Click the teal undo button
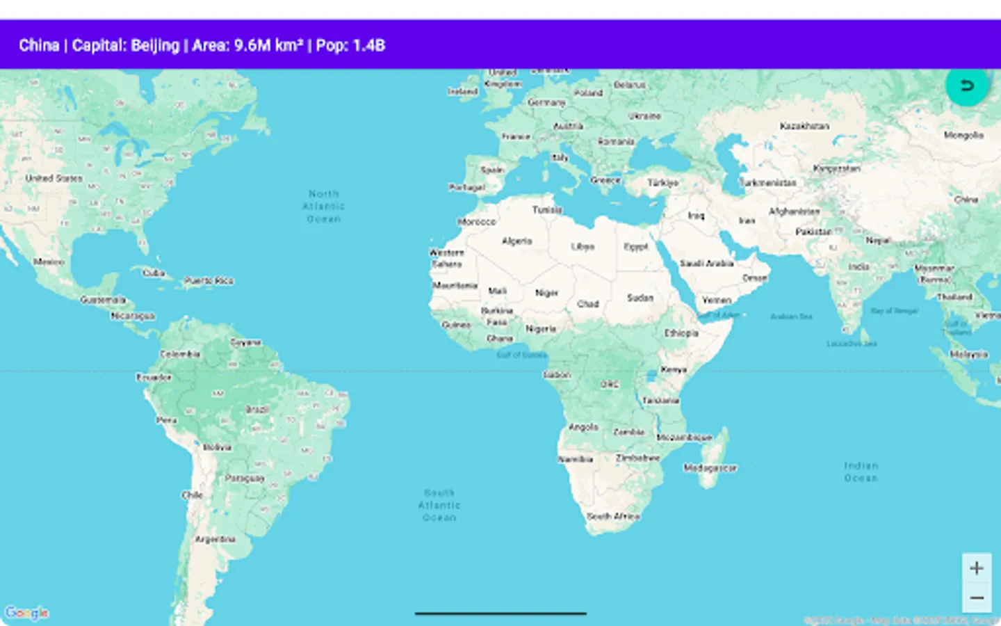coord(966,86)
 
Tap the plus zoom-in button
coord(976,568)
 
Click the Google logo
coord(26,613)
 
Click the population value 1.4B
coord(368,45)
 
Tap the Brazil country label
coord(257,409)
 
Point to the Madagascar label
coord(710,468)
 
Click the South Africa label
coord(613,516)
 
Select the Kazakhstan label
coord(804,126)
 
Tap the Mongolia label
coord(963,135)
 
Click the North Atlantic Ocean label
coord(324,206)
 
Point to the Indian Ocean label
coord(861,472)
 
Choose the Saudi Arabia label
coord(706,263)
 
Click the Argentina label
coord(215,539)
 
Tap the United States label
coord(54,178)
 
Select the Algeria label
coord(516,241)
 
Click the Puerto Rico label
coord(209,280)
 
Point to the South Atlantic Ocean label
coord(439,505)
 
